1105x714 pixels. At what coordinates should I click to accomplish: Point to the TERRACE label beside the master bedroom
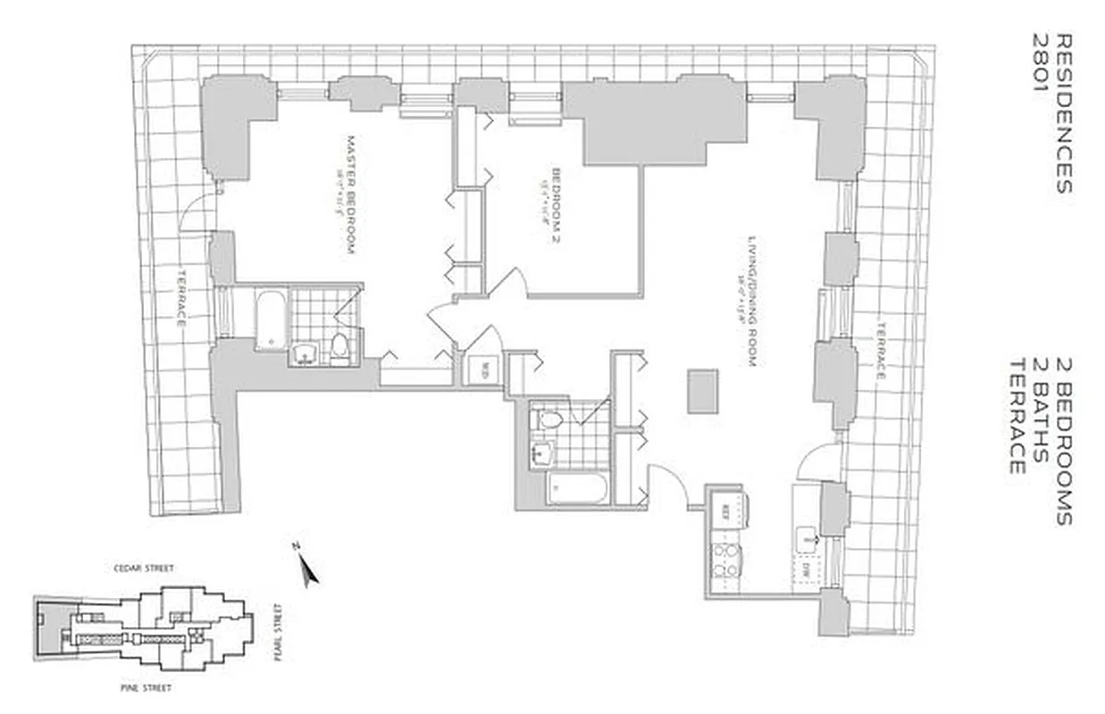(180, 297)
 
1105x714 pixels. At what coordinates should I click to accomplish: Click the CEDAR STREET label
(143, 568)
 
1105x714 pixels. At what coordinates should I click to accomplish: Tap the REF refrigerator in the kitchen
(726, 511)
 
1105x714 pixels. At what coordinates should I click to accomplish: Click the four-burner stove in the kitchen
(724, 560)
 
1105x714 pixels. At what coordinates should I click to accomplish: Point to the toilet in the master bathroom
(339, 345)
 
